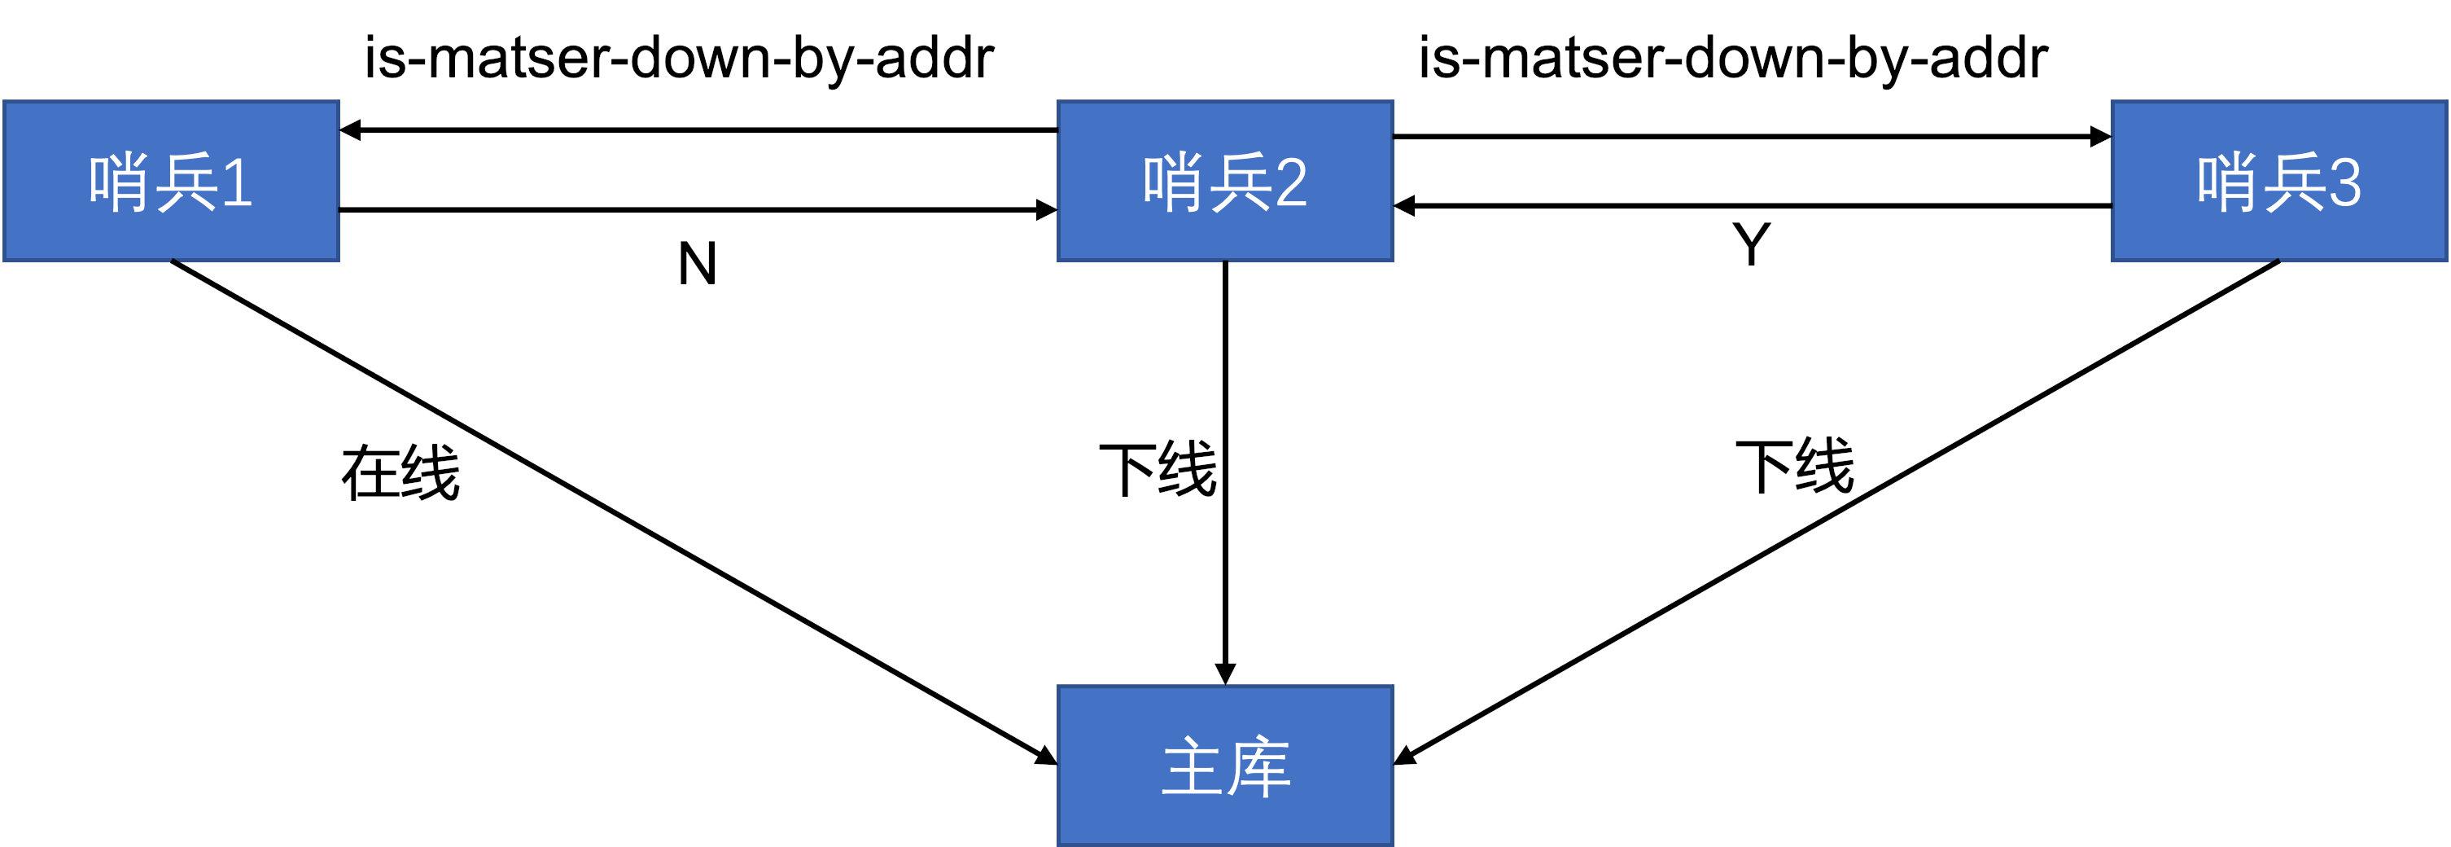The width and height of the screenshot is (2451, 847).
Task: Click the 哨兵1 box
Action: [171, 181]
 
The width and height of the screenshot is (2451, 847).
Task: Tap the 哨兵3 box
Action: [2278, 181]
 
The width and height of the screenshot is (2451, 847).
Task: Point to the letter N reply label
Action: [697, 264]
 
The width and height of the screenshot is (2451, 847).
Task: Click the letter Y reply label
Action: [1751, 244]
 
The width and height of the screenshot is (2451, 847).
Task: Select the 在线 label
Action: [400, 473]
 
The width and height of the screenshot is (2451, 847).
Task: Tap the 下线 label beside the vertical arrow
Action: [1157, 469]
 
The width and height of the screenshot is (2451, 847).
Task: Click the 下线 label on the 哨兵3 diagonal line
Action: [1794, 467]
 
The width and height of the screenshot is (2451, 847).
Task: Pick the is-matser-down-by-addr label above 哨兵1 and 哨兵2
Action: [680, 58]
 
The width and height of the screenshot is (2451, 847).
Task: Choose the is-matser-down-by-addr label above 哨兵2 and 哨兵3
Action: [1733, 58]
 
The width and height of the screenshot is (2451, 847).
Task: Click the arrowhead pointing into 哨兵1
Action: [350, 129]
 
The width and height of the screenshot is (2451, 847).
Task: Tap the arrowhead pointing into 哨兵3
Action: [2100, 136]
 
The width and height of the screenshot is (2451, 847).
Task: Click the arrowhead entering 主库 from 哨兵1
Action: [1047, 757]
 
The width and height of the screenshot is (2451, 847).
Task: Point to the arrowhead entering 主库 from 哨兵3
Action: [1405, 757]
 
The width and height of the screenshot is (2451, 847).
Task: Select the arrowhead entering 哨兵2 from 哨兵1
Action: [1047, 209]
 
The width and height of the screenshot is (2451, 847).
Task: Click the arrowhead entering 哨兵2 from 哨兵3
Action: [1404, 205]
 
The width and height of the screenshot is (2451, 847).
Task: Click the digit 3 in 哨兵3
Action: [2344, 182]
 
